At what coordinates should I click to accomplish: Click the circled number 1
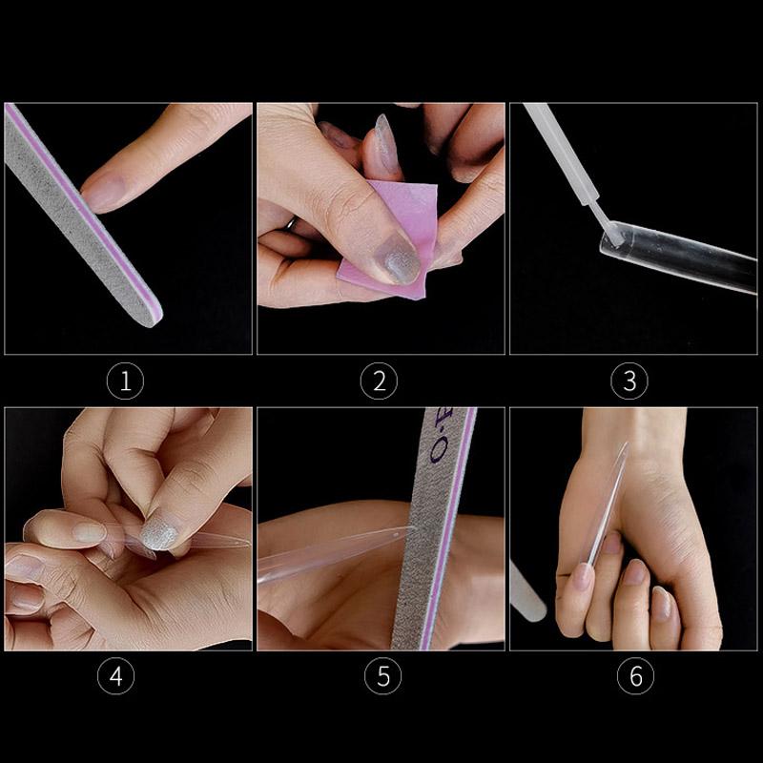pos(125,382)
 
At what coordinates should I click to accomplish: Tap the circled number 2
pos(379,382)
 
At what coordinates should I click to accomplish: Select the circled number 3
pos(629,382)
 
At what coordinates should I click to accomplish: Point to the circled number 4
pos(115,677)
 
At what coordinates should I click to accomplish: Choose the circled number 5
pos(382,677)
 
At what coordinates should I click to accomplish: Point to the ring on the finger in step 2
pos(289,225)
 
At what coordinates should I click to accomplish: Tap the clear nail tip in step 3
pos(668,258)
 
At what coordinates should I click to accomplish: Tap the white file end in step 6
pos(526,591)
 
